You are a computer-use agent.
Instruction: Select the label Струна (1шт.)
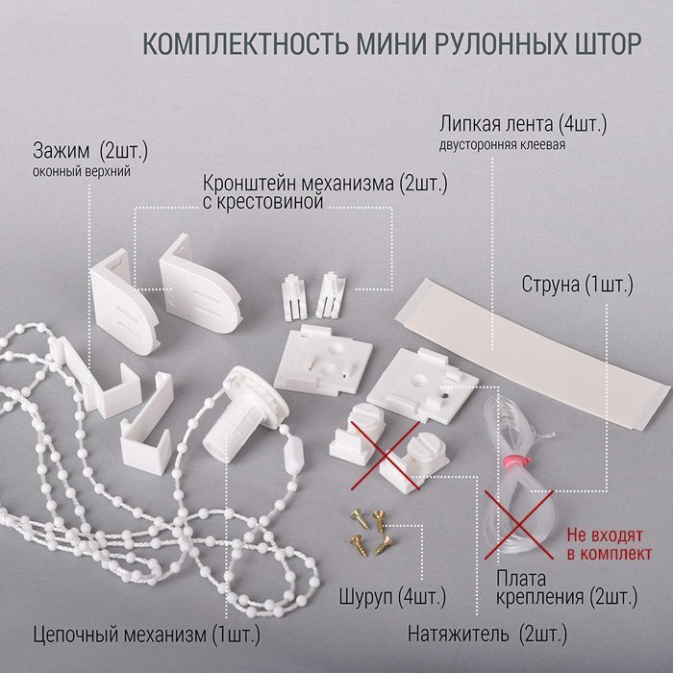[577, 285]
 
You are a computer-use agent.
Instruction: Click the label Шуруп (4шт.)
[392, 596]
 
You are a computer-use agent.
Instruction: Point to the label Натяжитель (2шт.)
[487, 634]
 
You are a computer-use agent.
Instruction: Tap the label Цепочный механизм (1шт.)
[147, 634]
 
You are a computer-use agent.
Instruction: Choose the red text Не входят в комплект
[609, 544]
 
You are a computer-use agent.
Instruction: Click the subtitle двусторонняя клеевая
[502, 144]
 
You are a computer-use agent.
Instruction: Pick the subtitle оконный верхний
[82, 171]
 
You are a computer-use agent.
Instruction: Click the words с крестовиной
[262, 202]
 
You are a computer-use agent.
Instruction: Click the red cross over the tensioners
[386, 456]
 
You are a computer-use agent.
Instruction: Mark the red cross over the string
[519, 525]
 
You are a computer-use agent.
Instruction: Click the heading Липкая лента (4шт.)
[522, 124]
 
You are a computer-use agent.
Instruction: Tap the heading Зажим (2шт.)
[90, 151]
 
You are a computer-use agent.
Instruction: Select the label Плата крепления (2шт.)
[566, 587]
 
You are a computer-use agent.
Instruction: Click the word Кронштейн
[249, 184]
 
